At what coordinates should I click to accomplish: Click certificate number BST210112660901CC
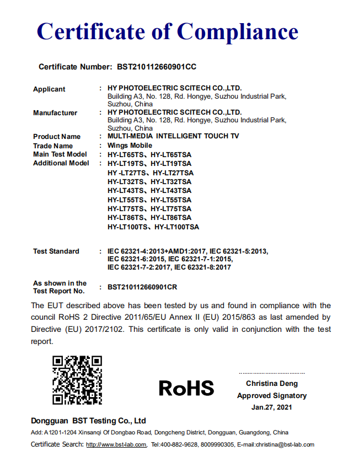[157, 67]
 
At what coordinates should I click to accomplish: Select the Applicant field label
[49, 89]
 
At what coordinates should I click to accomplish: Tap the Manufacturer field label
[55, 113]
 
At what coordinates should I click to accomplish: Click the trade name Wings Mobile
[130, 146]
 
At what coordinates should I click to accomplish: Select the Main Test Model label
[60, 154]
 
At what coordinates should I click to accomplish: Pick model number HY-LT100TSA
[176, 227]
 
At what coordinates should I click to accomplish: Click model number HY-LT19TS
[126, 164]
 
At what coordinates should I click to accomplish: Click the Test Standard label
[56, 251]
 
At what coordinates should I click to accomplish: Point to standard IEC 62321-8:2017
[202, 267]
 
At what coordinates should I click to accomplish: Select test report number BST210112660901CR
[142, 287]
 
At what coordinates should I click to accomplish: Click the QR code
[77, 380]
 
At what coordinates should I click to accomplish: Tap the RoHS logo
[186, 388]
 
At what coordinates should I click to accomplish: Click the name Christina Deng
[271, 384]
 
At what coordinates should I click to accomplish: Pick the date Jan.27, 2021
[271, 407]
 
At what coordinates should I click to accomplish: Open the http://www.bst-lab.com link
[116, 445]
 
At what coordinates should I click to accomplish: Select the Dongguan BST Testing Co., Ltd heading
[88, 421]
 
